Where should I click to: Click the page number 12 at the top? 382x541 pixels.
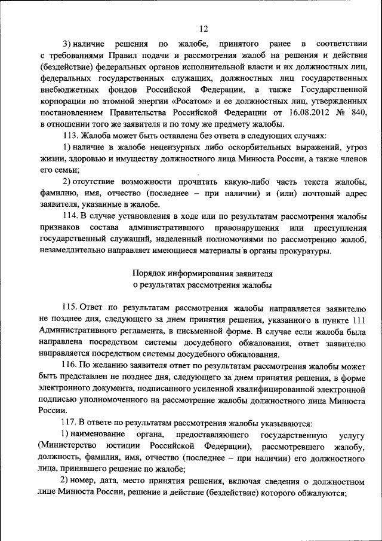(203, 28)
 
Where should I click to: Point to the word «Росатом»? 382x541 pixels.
(186, 101)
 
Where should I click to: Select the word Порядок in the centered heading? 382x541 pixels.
(149, 273)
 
